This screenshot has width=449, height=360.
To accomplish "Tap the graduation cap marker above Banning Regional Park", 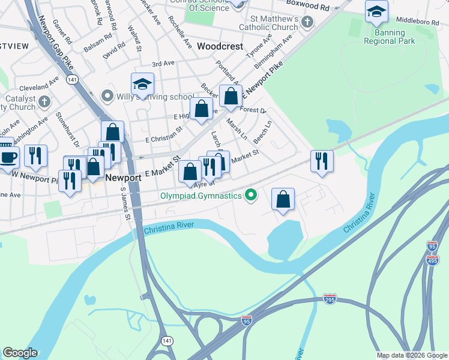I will tap(376, 11).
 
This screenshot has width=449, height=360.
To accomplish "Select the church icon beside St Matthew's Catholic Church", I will tap(307, 23).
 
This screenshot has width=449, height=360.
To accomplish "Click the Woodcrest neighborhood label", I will tap(220, 46).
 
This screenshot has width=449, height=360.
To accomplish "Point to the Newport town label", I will tap(123, 178).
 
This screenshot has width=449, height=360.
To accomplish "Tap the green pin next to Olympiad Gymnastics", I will tap(252, 195).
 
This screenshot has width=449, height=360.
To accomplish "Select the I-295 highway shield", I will tap(330, 299).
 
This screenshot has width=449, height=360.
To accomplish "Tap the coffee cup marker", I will tap(8, 157).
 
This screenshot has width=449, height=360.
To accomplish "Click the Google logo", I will tap(20, 353).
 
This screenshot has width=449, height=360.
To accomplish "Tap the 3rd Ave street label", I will tap(162, 64).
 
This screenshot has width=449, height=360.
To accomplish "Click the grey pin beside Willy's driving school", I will tap(107, 95).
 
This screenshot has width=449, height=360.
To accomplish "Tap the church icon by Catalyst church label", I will tap(44, 102).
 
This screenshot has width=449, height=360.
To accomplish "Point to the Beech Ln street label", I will tap(262, 132).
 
